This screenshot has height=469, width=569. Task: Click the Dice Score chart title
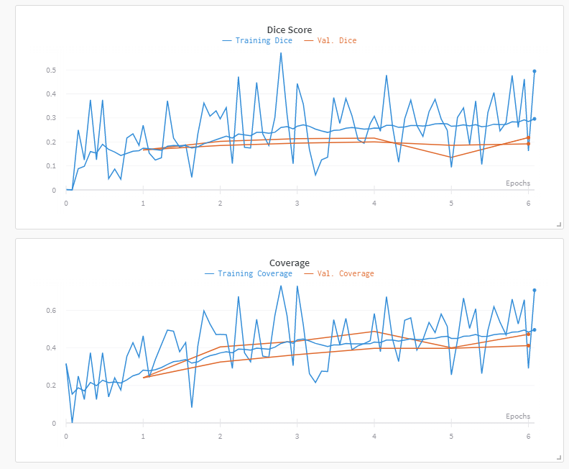(289, 29)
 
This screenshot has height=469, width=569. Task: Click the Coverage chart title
(289, 263)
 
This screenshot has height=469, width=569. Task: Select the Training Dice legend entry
(257, 41)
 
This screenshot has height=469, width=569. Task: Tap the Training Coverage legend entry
(249, 274)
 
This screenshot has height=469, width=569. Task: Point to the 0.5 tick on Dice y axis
(51, 70)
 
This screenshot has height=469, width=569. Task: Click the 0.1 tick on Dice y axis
(51, 166)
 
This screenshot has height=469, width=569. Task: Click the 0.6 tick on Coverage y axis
(51, 311)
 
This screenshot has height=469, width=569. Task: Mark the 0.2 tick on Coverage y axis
(51, 386)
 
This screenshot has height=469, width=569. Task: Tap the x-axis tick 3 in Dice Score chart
(297, 204)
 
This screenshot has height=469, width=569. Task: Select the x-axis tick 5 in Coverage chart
(451, 437)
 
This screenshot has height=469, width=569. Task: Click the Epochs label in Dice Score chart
(518, 183)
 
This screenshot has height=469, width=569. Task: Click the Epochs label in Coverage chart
(518, 416)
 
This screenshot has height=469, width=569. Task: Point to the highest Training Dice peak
(280, 53)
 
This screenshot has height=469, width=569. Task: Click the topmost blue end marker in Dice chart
(535, 71)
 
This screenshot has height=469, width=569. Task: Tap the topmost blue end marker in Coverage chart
(535, 290)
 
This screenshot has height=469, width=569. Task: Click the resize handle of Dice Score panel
(559, 224)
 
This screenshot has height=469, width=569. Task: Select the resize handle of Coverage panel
(559, 457)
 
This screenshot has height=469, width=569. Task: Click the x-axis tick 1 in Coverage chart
(143, 437)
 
